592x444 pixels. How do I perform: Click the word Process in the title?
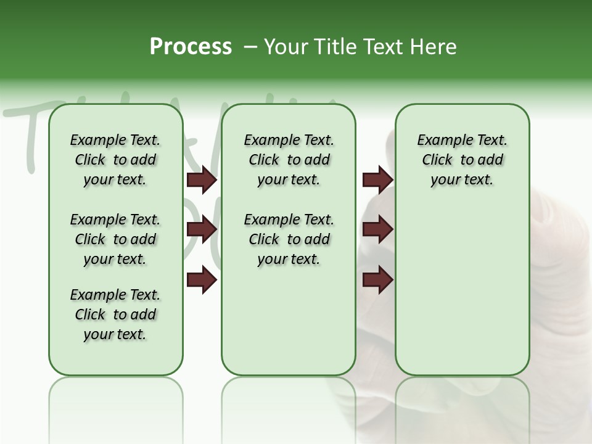coord(191,47)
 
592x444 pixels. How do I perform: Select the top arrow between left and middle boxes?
coord(202,180)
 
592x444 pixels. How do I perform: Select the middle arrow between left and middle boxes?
coord(202,230)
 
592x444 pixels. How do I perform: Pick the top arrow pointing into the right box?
coord(377,180)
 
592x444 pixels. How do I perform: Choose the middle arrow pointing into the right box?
coord(377,230)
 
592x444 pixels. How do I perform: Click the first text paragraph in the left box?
coord(115,160)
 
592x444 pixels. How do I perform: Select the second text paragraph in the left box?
coord(115,239)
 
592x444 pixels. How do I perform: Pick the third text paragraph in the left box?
coord(115,314)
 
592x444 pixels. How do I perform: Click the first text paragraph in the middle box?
coord(289,160)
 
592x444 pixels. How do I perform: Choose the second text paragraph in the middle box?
coord(289,239)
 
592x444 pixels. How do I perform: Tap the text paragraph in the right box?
coord(462,160)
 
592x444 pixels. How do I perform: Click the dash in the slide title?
coord(250,47)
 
